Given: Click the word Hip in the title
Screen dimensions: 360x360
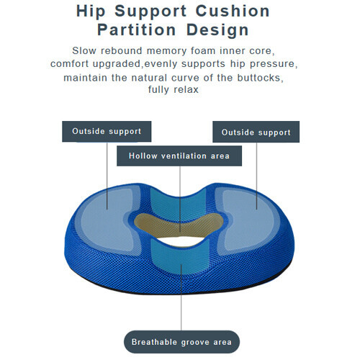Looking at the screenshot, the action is tap(91, 12).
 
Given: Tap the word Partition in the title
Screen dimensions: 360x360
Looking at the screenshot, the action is tap(136, 30).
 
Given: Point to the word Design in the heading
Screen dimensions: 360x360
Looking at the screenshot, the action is tap(217, 31).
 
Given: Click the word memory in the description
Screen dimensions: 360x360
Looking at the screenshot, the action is tap(166, 51).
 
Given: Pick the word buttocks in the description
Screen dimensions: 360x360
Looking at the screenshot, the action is tap(260, 78).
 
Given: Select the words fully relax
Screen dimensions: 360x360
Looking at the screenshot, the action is tap(174, 89).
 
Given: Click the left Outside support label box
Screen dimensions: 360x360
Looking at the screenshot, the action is tap(107, 132).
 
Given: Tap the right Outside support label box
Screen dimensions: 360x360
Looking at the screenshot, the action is tap(256, 132).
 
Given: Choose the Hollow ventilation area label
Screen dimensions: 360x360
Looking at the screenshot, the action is tap(179, 156).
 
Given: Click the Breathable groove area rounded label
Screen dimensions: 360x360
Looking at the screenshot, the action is tap(181, 342).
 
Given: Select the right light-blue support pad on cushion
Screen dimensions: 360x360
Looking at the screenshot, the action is tap(250, 220).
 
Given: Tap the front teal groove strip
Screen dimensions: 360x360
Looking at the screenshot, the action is tap(179, 258).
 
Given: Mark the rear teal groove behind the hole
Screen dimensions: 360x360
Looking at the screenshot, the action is tap(179, 204).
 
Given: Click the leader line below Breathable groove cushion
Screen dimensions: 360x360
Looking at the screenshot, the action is tap(181, 297).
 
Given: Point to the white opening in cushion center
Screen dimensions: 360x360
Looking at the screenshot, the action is tap(180, 241).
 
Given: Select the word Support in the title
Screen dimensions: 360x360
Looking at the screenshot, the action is tap(150, 12).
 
